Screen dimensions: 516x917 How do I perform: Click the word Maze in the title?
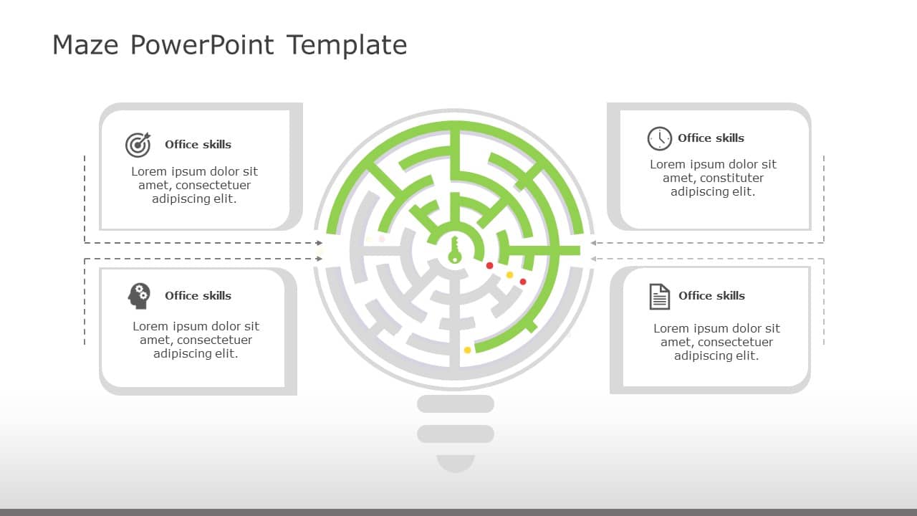click(85, 45)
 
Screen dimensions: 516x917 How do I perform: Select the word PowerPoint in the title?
click(202, 45)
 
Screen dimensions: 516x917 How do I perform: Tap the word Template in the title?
click(347, 45)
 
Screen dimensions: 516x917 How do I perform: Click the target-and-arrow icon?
click(138, 145)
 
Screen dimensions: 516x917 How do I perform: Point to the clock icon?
click(659, 138)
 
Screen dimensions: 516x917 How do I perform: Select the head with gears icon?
click(139, 295)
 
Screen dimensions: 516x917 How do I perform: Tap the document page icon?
click(659, 296)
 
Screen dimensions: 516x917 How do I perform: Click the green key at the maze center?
click(454, 249)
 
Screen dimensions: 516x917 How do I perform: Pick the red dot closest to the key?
click(490, 266)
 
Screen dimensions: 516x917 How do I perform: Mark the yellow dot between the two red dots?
click(510, 275)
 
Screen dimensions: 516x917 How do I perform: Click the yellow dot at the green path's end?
click(468, 350)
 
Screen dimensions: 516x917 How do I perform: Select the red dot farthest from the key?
click(523, 282)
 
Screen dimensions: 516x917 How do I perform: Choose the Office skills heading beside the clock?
click(711, 138)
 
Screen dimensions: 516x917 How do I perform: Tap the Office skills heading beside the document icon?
click(711, 296)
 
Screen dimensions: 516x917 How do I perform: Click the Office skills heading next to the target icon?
click(198, 145)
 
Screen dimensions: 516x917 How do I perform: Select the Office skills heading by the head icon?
click(198, 296)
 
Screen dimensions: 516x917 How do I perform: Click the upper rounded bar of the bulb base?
click(456, 403)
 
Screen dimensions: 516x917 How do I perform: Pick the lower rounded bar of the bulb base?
click(456, 434)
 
